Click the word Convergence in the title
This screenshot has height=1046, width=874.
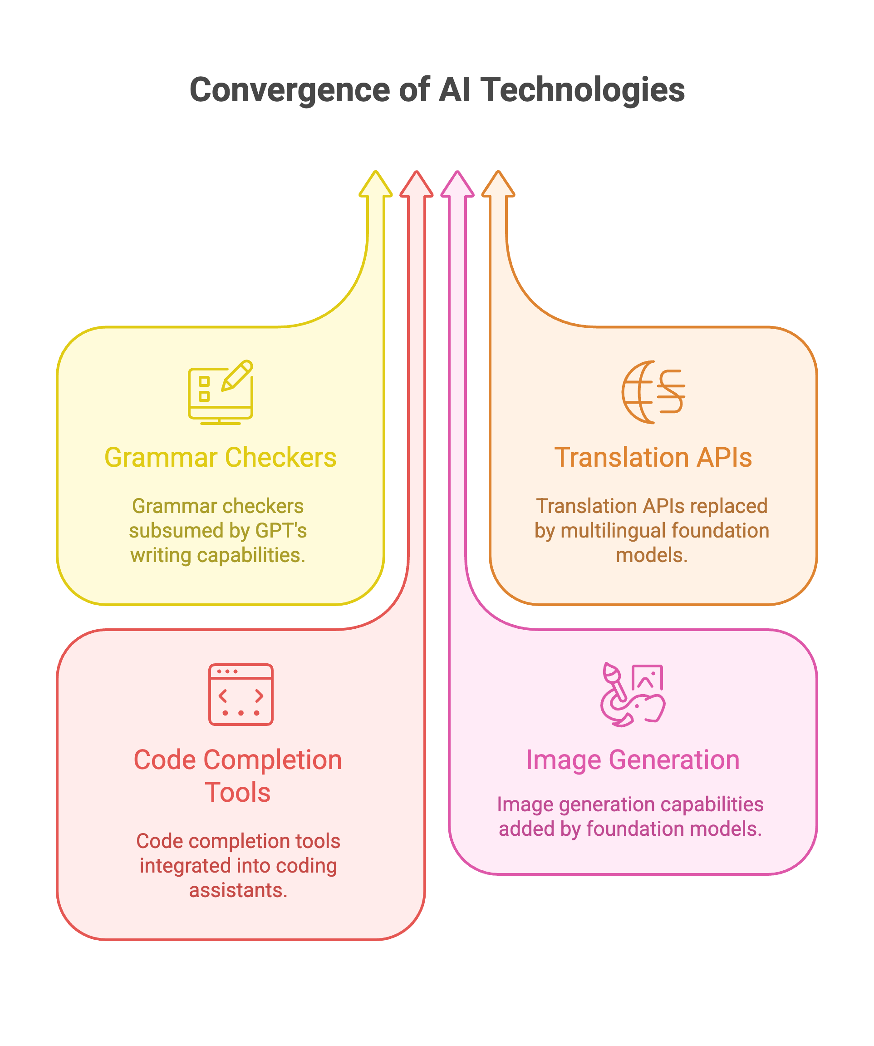[x=291, y=90]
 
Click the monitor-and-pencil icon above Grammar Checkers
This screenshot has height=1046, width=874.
[x=221, y=393]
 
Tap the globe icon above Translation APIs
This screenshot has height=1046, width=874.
[x=653, y=393]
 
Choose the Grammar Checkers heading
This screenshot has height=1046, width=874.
[x=220, y=457]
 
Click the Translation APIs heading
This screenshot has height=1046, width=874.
[x=653, y=457]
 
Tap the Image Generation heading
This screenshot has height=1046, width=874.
[x=633, y=760]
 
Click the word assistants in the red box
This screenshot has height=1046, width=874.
[x=238, y=890]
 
